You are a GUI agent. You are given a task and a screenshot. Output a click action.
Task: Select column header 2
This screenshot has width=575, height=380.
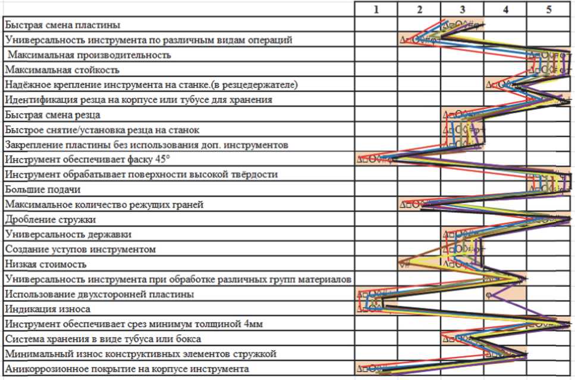click(x=419, y=9)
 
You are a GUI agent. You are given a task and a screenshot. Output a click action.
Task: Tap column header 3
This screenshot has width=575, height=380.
click(x=462, y=9)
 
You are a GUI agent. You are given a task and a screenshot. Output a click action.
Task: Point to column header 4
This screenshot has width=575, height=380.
click(x=505, y=9)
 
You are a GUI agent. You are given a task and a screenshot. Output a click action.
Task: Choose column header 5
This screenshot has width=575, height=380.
click(x=549, y=9)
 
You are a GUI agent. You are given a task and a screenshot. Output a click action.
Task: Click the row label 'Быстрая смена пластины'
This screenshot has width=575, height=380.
click(x=62, y=25)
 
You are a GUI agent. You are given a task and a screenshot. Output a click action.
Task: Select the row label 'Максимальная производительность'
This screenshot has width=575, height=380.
click(x=90, y=55)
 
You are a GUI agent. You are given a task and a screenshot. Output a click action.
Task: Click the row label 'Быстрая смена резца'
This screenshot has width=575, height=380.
click(x=52, y=114)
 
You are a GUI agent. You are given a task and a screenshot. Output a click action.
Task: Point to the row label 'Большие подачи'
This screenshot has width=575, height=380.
click(x=42, y=189)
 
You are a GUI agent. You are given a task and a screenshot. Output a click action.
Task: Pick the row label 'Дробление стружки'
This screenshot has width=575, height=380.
click(x=50, y=219)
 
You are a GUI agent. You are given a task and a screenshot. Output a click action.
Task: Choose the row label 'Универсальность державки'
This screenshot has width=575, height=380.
click(x=68, y=234)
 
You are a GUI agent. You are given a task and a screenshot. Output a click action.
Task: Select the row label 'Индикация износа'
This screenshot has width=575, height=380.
click(x=48, y=309)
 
